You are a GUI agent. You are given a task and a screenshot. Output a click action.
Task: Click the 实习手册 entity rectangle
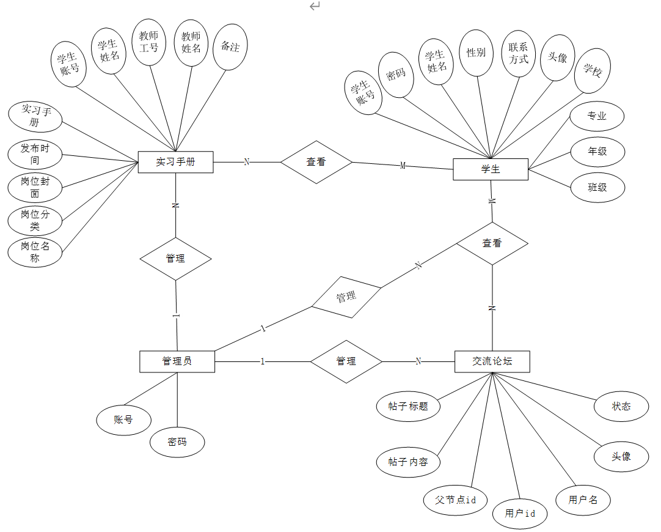point(175,162)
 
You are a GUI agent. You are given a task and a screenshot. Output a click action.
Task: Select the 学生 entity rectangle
point(491,169)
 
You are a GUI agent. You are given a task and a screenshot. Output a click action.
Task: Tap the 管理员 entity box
point(177,361)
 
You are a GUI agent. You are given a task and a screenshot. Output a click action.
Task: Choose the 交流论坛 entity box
point(492,361)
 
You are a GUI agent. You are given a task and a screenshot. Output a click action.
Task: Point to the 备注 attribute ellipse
point(230,47)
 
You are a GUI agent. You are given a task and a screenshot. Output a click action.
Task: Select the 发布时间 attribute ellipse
point(35,154)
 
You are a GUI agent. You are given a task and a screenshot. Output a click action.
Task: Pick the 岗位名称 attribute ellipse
point(35,252)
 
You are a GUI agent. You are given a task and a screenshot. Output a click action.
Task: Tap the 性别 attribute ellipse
point(476,53)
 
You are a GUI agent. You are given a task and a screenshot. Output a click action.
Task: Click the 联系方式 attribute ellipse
point(519,53)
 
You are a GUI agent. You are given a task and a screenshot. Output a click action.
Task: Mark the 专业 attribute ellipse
point(597,116)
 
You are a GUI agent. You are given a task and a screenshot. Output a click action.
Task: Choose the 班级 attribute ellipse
point(597,188)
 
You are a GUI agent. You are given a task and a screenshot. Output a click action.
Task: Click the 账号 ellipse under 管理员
point(123,420)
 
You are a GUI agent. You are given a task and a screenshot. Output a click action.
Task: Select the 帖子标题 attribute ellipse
point(408,406)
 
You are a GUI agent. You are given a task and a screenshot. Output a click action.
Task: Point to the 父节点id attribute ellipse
point(456,500)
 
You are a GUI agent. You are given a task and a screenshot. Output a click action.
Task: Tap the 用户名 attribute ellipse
point(583,500)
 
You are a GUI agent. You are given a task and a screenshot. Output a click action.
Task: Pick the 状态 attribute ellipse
point(621,406)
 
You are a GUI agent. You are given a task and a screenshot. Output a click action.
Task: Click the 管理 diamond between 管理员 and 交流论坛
point(346,361)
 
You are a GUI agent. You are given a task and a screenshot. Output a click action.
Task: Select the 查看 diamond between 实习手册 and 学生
point(316,162)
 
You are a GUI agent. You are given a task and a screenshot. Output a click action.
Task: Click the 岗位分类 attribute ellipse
point(35,220)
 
